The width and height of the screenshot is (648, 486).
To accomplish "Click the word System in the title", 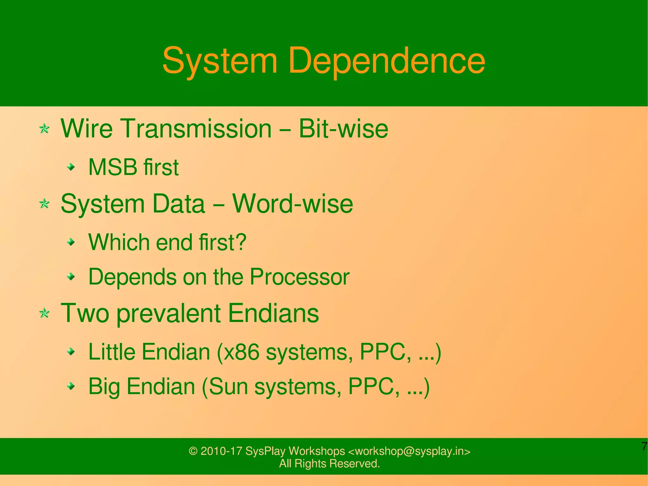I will click(220, 60).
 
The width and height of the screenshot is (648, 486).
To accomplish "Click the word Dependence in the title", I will click(387, 60).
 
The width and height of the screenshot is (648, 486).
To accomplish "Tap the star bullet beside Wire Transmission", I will click(44, 129).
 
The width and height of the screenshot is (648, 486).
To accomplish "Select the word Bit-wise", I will click(343, 129).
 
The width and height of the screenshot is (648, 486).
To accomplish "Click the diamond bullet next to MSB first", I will click(72, 167).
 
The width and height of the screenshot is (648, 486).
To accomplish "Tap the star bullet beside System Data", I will click(44, 204).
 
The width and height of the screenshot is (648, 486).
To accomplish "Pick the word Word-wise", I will click(292, 204).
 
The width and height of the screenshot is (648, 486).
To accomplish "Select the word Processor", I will click(299, 277).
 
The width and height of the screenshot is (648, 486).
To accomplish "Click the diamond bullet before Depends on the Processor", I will click(72, 277).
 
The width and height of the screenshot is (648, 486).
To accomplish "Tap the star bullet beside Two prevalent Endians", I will click(44, 313).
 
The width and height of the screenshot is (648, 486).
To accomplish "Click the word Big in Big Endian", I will click(104, 387).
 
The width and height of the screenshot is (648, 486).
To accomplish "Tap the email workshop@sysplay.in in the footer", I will click(409, 451).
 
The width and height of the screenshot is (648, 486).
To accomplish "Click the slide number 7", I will click(644, 446).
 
